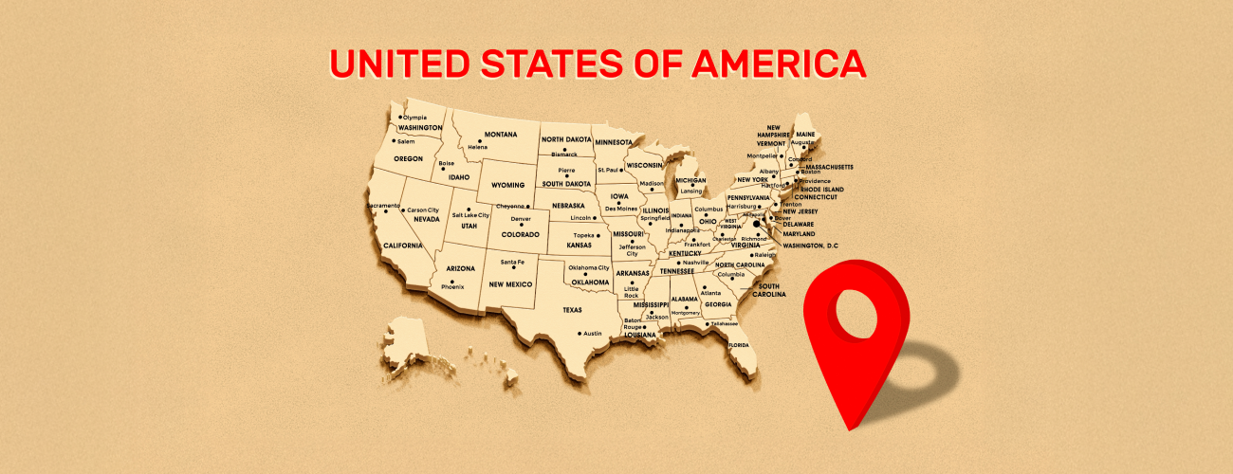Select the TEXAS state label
tap(572, 309)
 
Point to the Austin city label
tap(592, 333)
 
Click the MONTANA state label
tap(501, 135)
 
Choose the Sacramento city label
tap(383, 205)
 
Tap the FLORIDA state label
tap(738, 345)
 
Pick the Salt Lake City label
tap(470, 215)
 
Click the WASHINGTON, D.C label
tap(811, 246)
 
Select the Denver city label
tap(521, 220)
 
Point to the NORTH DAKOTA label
tap(565, 139)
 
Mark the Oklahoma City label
tap(588, 267)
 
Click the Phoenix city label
tap(452, 286)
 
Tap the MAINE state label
tap(805, 134)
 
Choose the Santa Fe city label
tap(512, 262)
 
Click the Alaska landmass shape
tap(410, 343)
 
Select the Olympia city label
tap(415, 117)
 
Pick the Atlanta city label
tap(710, 293)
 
